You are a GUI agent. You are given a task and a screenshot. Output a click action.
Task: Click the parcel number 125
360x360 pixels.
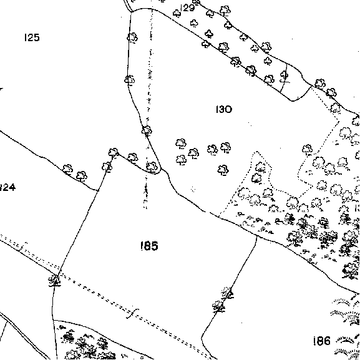[32, 37]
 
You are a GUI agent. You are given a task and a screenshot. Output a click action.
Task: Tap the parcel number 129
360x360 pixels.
[188, 8]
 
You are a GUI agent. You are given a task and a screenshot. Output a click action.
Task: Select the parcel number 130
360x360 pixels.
[224, 109]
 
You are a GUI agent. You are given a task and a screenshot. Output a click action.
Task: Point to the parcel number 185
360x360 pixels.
[149, 246]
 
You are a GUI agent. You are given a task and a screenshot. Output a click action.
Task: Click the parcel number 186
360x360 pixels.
[322, 341]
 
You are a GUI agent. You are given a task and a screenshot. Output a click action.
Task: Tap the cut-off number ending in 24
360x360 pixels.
[7, 187]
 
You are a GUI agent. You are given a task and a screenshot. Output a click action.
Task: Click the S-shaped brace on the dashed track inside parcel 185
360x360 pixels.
[133, 313]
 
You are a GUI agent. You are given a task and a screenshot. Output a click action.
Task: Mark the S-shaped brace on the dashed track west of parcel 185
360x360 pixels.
[23, 246]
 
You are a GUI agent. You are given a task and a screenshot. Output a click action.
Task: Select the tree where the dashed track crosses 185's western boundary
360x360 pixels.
[55, 280]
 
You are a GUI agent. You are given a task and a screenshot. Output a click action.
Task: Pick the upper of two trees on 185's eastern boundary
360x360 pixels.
[227, 293]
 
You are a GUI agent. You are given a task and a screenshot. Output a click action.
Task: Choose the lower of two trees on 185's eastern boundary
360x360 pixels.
[218, 306]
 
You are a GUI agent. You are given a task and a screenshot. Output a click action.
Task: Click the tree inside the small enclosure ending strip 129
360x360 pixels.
[285, 75]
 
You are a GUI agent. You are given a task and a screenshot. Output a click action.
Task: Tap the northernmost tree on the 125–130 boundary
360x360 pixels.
[132, 37]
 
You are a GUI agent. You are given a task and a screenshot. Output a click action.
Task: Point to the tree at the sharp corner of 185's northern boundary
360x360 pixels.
[113, 152]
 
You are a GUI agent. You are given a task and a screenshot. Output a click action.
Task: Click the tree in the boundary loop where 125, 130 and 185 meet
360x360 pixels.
[152, 167]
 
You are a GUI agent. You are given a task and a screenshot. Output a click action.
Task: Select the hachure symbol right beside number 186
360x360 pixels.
[346, 340]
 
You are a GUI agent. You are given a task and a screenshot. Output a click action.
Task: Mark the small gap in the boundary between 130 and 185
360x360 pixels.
[208, 212]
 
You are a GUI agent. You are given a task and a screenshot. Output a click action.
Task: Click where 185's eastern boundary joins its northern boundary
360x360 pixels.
[256, 236]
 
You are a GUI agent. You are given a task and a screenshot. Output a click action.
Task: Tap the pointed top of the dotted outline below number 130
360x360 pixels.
[256, 152]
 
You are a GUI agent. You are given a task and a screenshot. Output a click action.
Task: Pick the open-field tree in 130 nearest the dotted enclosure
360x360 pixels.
[223, 170]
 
